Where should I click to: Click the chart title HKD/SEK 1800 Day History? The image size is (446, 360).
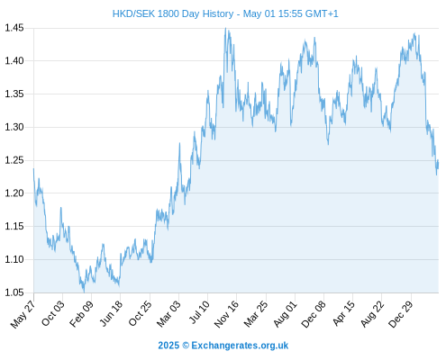[x=173, y=13]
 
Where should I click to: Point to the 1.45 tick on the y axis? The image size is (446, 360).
[x=14, y=28]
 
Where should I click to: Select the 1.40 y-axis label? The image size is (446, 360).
[x=14, y=61]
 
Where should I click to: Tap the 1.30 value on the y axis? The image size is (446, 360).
[x=14, y=127]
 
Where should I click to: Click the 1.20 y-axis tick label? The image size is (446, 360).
[x=14, y=193]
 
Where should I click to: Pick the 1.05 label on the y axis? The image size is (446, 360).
[x=14, y=292]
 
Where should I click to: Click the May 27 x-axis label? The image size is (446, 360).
[x=23, y=314]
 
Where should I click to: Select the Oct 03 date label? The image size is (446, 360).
[x=53, y=313]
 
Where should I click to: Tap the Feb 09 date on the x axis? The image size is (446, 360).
[x=81, y=313]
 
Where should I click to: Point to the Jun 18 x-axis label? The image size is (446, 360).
[x=111, y=313]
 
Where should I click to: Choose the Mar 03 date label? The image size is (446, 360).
[x=168, y=313]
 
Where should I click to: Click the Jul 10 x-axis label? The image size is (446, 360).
[x=199, y=312]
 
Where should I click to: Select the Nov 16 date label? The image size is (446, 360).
[x=226, y=313]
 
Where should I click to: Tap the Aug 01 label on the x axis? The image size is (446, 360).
[x=285, y=313]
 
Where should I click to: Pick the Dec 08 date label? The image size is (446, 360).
[x=314, y=314]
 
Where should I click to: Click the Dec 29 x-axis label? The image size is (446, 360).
[x=401, y=314]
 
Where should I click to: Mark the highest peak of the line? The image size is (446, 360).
[x=225, y=28]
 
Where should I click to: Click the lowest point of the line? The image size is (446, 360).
[x=84, y=292]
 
